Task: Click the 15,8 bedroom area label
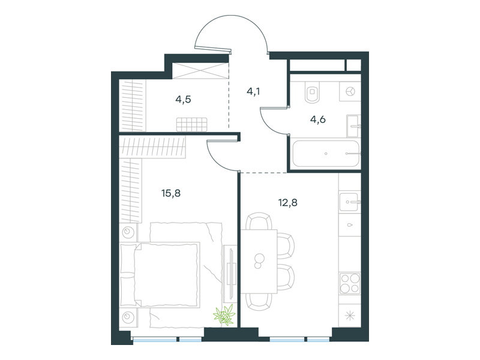pyautogui.click(x=171, y=193)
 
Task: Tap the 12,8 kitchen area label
pyautogui.click(x=288, y=203)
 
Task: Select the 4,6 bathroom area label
pyautogui.click(x=318, y=119)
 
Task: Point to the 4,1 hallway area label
pyautogui.click(x=253, y=91)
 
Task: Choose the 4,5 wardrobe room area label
pyautogui.click(x=183, y=100)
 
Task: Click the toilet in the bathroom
pyautogui.click(x=312, y=92)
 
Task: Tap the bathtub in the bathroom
pyautogui.click(x=325, y=154)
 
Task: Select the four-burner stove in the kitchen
pyautogui.click(x=350, y=283)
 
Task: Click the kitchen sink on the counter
pyautogui.click(x=349, y=202)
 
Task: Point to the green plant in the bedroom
pyautogui.click(x=224, y=314)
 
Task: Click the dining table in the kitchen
pyautogui.click(x=259, y=262)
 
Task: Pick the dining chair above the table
pyautogui.click(x=259, y=221)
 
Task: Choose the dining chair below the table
pyautogui.click(x=259, y=302)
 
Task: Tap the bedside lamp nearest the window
pyautogui.click(x=128, y=317)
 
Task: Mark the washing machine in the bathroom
pyautogui.click(x=350, y=91)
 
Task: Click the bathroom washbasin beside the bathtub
pyautogui.click(x=353, y=126)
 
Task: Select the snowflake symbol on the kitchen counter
pyautogui.click(x=350, y=316)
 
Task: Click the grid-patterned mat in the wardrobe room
pyautogui.click(x=191, y=125)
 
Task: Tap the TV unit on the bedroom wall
pyautogui.click(x=230, y=274)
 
